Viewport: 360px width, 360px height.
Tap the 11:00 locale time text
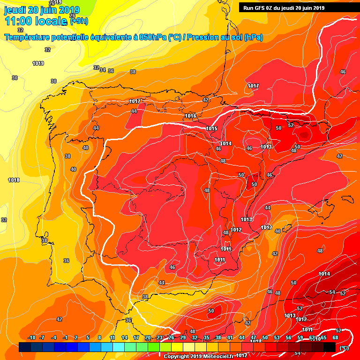36,21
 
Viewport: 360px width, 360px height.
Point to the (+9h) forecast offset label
79,21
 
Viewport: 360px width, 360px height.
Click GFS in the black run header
260,7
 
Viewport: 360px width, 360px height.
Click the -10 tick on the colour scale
31,338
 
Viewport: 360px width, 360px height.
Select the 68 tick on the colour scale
335,338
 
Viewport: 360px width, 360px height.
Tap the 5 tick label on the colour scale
88,338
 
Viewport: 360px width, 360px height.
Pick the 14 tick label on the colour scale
124,338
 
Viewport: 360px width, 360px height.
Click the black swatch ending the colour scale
330,347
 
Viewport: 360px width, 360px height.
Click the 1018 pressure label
14,180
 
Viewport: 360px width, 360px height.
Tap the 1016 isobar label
190,116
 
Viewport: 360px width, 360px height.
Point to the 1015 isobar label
211,128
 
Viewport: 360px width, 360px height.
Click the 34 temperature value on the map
102,69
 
